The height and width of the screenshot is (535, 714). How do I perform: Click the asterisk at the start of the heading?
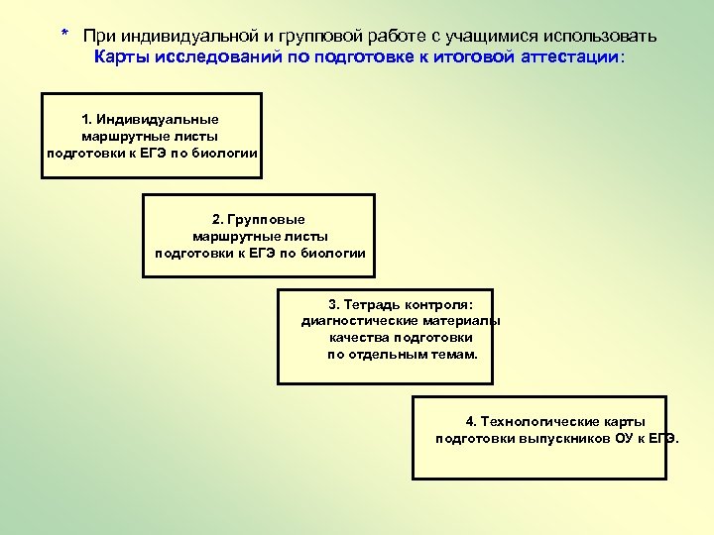pyautogui.click(x=64, y=35)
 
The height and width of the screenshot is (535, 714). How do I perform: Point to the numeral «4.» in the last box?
pyautogui.click(x=472, y=422)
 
